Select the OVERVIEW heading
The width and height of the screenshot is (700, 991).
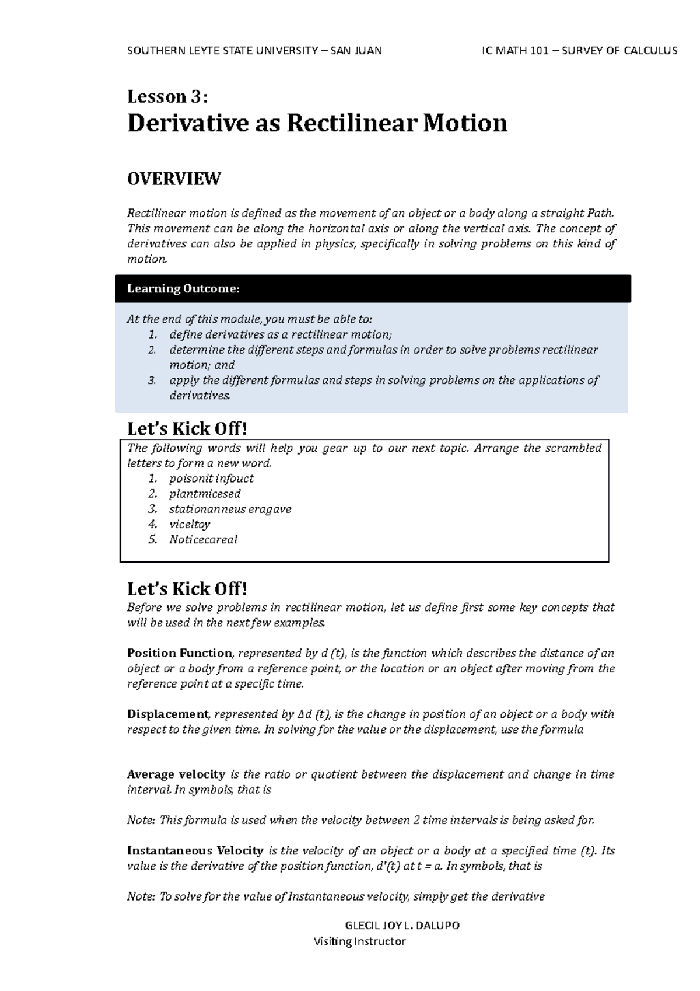(x=174, y=179)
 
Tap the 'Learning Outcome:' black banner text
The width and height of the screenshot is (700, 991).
(x=183, y=288)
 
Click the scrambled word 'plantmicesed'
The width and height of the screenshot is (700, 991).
(x=205, y=494)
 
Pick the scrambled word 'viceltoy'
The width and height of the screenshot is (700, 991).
(x=190, y=524)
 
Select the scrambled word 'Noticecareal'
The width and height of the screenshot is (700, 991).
(x=203, y=539)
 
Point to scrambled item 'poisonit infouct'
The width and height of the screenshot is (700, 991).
(x=211, y=479)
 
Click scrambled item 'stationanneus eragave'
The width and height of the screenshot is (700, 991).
(x=230, y=509)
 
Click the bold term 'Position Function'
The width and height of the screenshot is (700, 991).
(x=180, y=653)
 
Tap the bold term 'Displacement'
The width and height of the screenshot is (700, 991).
(x=167, y=714)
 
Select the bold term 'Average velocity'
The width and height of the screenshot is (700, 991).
(x=176, y=774)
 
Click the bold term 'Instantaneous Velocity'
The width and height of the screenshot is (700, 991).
(x=195, y=850)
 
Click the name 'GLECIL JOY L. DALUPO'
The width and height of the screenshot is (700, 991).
(x=402, y=926)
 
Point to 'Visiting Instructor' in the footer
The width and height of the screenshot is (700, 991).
(x=359, y=941)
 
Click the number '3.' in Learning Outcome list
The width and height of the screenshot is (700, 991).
(x=152, y=380)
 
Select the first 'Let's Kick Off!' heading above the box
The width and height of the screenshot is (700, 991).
(x=187, y=429)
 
